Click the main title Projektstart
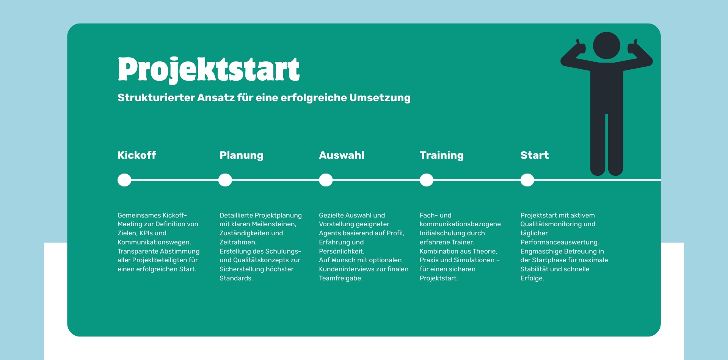pos(209,70)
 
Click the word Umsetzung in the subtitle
pos(380,98)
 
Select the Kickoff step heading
pos(137,155)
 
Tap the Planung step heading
pos(242,155)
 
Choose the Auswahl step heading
pos(342,155)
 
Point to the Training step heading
pos(442,155)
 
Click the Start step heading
pos(535,155)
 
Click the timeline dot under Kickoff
pos(124,180)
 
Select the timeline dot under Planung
pos(225,180)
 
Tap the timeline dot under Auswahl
pos(326,180)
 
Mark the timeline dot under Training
pos(427,180)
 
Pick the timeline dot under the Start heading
pos(527,180)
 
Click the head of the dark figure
pos(607,45)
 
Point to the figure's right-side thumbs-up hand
pos(633,48)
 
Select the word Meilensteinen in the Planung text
pos(273,224)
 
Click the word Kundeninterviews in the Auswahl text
pos(347,269)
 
